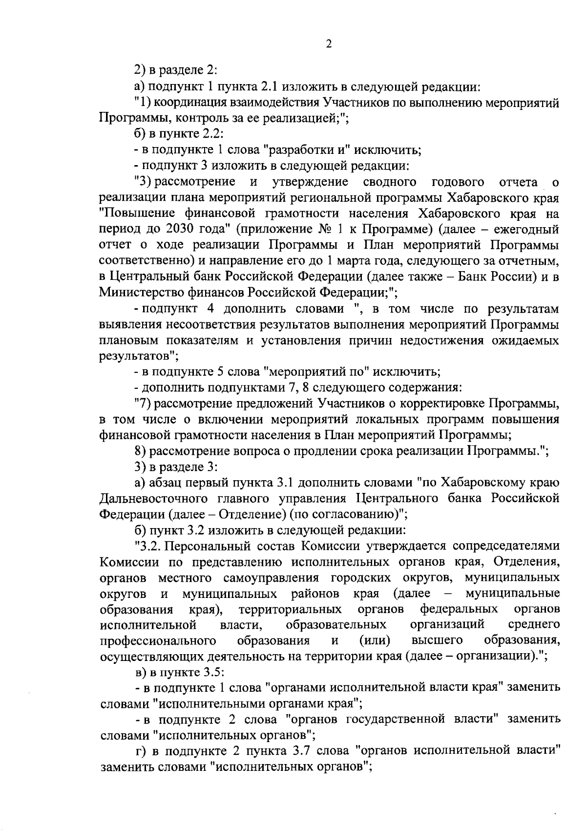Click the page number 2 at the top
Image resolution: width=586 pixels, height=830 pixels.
click(329, 44)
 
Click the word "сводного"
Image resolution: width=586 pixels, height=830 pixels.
click(390, 182)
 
